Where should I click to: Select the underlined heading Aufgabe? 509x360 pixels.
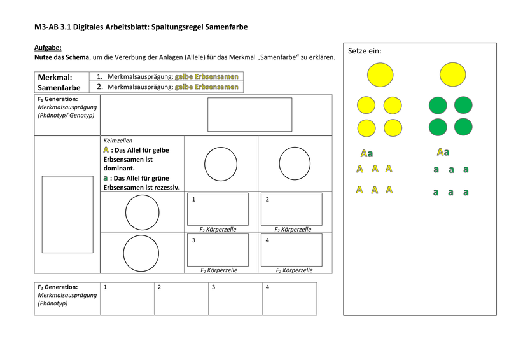[x=48, y=48]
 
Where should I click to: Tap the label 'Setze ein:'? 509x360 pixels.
[x=365, y=51]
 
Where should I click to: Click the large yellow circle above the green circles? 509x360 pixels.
[x=453, y=74]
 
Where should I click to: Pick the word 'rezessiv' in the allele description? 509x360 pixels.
[x=165, y=187]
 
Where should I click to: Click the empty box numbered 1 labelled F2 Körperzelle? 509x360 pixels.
[x=218, y=209]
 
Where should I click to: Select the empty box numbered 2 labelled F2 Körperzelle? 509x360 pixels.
[x=291, y=209]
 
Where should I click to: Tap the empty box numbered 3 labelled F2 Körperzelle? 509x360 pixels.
[x=218, y=250]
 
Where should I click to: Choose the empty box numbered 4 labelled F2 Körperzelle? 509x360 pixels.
[x=291, y=250]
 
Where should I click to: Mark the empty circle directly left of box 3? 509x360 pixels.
[x=141, y=253]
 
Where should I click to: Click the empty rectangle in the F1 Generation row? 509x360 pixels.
[x=249, y=114]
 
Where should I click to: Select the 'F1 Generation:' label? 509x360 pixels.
[x=58, y=99]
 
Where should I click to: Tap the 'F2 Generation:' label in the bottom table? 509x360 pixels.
[x=58, y=287]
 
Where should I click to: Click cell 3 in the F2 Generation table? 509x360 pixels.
[x=235, y=299]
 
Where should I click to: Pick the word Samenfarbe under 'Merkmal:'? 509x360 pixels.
[x=59, y=87]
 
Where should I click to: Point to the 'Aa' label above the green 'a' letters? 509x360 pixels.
[x=443, y=152]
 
